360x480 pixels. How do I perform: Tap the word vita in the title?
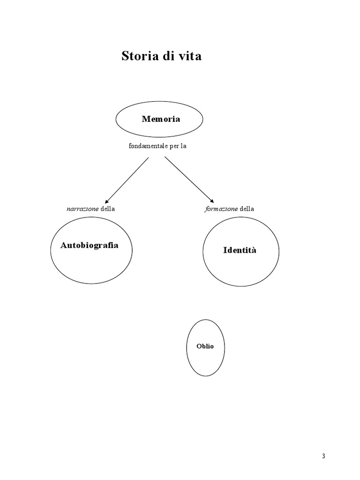point(190,57)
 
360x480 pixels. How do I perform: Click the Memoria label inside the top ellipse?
point(161,119)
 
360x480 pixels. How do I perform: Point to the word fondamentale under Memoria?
point(148,146)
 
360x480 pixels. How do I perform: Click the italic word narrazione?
point(82,209)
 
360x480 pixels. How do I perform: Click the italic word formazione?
point(221,209)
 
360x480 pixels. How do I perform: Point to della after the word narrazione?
point(107,209)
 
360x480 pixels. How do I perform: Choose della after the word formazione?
point(247,209)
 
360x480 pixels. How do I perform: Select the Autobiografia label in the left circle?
point(90,245)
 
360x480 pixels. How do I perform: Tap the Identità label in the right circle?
point(240,250)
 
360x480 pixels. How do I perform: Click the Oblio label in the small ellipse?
point(205,346)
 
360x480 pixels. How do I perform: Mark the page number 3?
point(323,457)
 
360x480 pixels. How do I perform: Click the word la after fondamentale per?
point(184,146)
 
